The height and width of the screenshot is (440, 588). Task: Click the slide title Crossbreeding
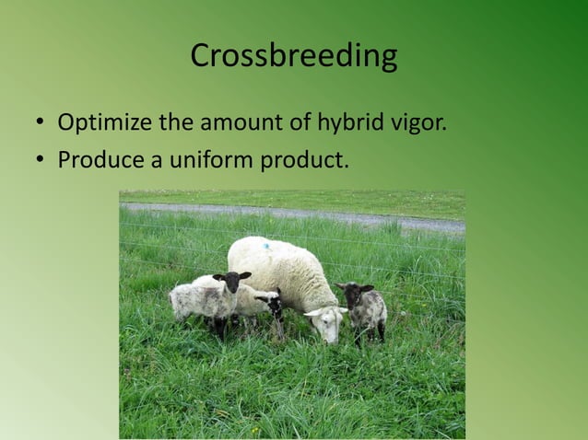[294, 56]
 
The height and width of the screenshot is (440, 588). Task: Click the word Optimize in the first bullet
[97, 122]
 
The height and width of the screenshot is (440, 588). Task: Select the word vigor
[419, 122]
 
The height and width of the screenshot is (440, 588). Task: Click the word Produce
[96, 160]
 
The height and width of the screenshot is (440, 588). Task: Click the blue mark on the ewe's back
[266, 246]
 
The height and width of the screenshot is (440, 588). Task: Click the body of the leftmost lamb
[198, 299]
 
